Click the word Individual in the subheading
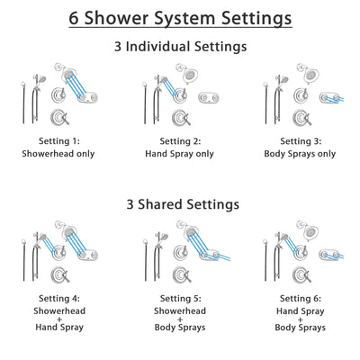[x=178, y=46]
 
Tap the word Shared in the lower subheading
[x=180, y=204]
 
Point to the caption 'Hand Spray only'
[x=180, y=153]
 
